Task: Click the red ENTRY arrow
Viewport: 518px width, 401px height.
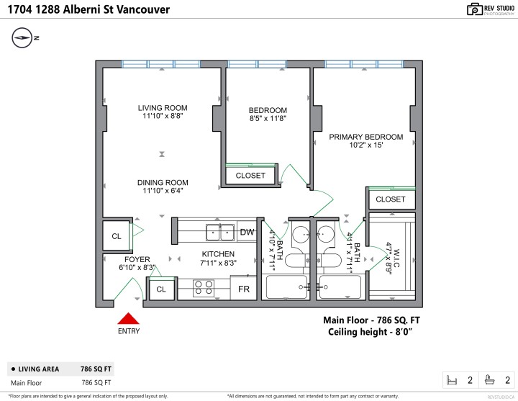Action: point(129,319)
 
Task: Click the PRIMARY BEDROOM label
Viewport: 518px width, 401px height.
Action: point(365,137)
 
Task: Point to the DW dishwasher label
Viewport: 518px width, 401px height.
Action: point(247,232)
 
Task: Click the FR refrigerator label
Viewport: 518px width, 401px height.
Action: point(244,289)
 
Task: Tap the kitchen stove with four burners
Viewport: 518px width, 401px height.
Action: point(204,289)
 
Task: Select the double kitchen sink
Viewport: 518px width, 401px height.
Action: point(220,232)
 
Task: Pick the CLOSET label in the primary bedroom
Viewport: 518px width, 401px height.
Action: point(391,199)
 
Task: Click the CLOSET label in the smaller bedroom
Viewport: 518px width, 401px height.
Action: point(250,176)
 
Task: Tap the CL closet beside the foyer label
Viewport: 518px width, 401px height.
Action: point(116,236)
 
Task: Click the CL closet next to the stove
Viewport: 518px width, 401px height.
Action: point(161,289)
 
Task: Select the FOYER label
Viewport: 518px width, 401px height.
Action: point(137,259)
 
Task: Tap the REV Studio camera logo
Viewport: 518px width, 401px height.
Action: point(475,9)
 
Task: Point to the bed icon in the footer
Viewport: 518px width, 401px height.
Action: point(453,379)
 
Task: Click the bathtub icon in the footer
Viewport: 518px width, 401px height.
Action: point(490,379)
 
